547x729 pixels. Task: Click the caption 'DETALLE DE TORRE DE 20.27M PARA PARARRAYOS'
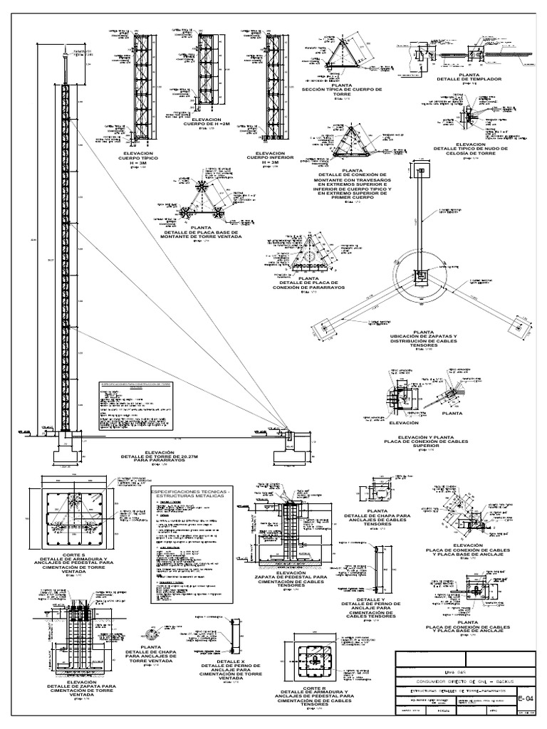pos(158,456)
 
